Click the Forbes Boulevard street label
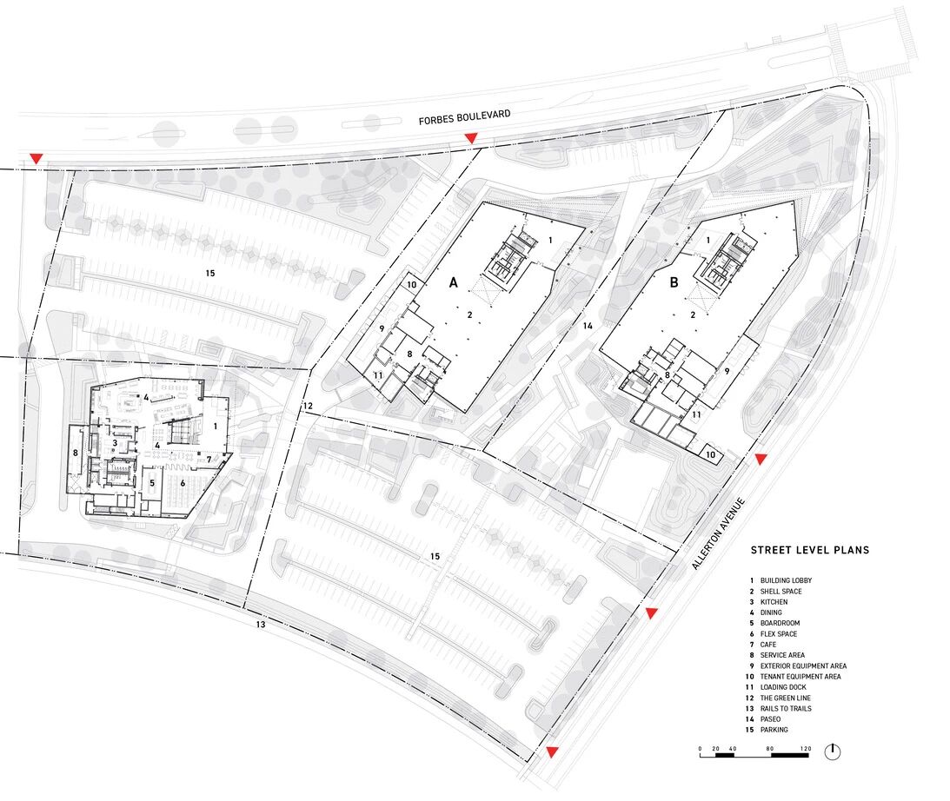pyautogui.click(x=465, y=117)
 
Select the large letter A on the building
pyautogui.click(x=453, y=282)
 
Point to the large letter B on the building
pyautogui.click(x=674, y=282)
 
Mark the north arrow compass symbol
pyautogui.click(x=833, y=751)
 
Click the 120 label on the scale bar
pyautogui.click(x=805, y=749)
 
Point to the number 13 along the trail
pyautogui.click(x=261, y=625)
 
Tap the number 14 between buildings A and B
pyautogui.click(x=588, y=326)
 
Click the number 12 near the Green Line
pyautogui.click(x=308, y=406)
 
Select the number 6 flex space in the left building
pyautogui.click(x=183, y=484)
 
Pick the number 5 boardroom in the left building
pyautogui.click(x=152, y=483)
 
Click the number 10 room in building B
pyautogui.click(x=711, y=454)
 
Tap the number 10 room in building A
pyautogui.click(x=412, y=285)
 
